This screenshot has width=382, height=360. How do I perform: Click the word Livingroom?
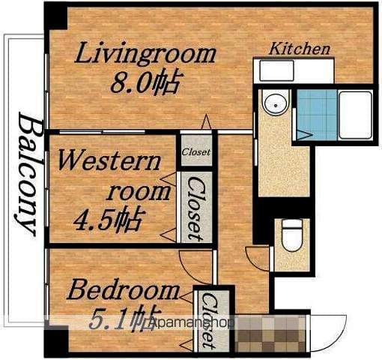pyautogui.click(x=145, y=54)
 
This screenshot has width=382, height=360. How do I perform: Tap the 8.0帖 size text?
pyautogui.click(x=145, y=82)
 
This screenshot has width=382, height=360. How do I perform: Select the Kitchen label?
pyautogui.click(x=300, y=49)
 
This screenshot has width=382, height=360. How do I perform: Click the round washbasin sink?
pyautogui.click(x=276, y=105)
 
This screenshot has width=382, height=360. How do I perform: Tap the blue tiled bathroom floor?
pyautogui.click(x=317, y=115)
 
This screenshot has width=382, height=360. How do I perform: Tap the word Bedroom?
pyautogui.click(x=123, y=290)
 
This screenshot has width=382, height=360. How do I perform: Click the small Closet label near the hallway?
pyautogui.click(x=196, y=152)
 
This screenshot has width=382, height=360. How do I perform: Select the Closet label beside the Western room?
pyautogui.click(x=196, y=208)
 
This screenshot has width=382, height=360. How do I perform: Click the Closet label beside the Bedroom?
pyautogui.click(x=210, y=321)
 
